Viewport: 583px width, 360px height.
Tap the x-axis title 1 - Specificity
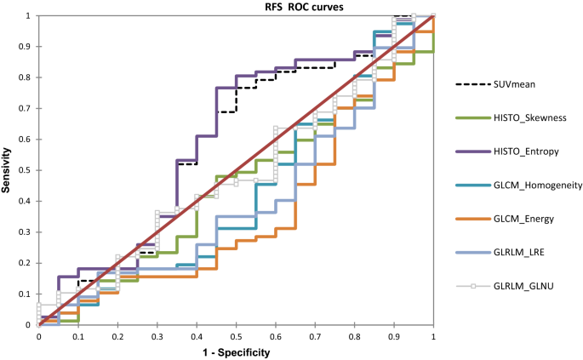(236, 352)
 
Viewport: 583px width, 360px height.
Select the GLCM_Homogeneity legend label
(538, 186)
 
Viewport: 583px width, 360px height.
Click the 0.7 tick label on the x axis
(315, 336)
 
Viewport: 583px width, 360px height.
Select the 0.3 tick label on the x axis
(157, 336)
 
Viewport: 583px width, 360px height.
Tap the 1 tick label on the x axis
(433, 336)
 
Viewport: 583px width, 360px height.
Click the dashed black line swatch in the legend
(471, 84)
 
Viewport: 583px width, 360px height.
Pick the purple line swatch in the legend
(471, 151)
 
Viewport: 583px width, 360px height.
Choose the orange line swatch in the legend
(471, 219)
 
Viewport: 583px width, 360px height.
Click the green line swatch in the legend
(471, 117)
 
